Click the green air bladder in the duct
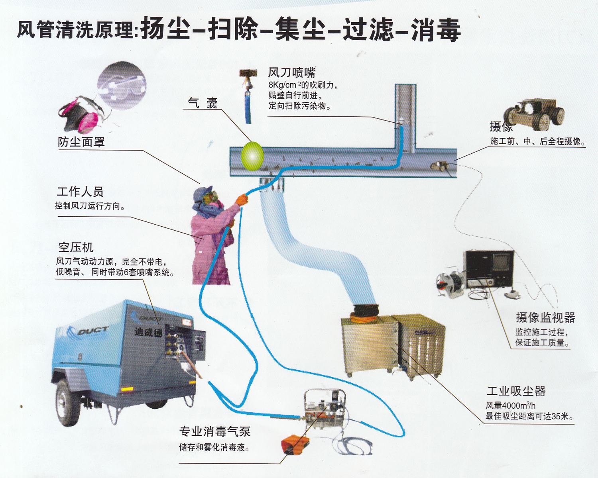pyautogui.click(x=252, y=156)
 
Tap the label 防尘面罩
pyautogui.click(x=81, y=142)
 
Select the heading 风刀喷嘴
pyautogui.click(x=291, y=73)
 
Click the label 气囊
pyautogui.click(x=203, y=103)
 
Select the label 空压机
pyautogui.click(x=76, y=247)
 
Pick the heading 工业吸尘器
pyautogui.click(x=516, y=391)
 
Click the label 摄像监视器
pyautogui.click(x=545, y=317)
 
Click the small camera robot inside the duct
pyautogui.click(x=439, y=166)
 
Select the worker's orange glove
pyautogui.click(x=242, y=199)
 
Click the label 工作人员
pyautogui.click(x=80, y=192)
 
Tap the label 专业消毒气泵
pyautogui.click(x=214, y=431)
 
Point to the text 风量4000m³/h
pyautogui.click(x=510, y=406)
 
